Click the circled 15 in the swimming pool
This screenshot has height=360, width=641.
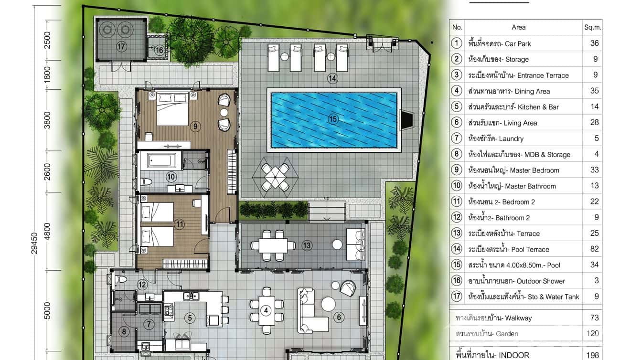pyautogui.click(x=333, y=119)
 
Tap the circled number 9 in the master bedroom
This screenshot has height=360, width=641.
pyautogui.click(x=195, y=126)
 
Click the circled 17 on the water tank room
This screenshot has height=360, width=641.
pyautogui.click(x=121, y=46)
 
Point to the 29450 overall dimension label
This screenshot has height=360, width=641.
pyautogui.click(x=34, y=243)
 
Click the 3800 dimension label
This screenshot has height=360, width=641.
pyautogui.click(x=47, y=120)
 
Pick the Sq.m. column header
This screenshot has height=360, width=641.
pyautogui.click(x=592, y=27)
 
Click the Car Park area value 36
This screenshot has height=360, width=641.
pyautogui.click(x=594, y=43)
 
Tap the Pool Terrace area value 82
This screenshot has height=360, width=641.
pyautogui.click(x=594, y=249)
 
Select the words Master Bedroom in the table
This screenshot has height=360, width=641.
pyautogui.click(x=534, y=170)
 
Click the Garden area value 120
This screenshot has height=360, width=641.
pyautogui.click(x=592, y=333)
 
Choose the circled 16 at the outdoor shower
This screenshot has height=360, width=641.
pyautogui.click(x=159, y=50)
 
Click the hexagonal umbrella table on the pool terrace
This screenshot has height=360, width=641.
pyautogui.click(x=275, y=177)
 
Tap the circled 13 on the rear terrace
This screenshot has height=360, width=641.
pyautogui.click(x=307, y=245)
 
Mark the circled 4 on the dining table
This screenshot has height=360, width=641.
pyautogui.click(x=266, y=310)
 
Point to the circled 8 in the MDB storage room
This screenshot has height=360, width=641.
pyautogui.click(x=124, y=332)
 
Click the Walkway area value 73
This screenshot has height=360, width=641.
pyautogui.click(x=594, y=318)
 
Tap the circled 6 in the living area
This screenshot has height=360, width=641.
pyautogui.click(x=339, y=317)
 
